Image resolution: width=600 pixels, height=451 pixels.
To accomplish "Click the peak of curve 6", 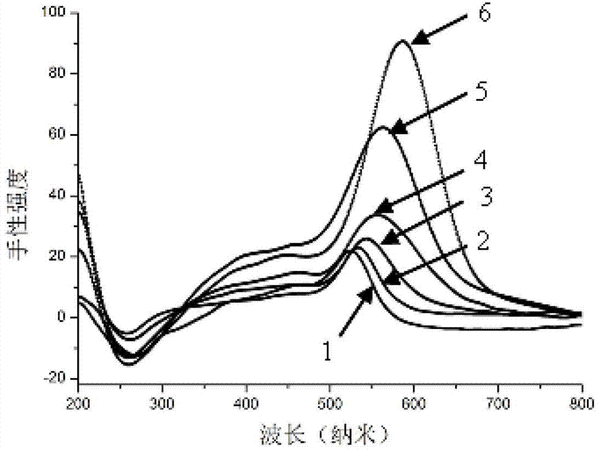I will pyautogui.click(x=403, y=41).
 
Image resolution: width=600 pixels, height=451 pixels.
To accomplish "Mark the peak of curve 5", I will pyautogui.click(x=382, y=127).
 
